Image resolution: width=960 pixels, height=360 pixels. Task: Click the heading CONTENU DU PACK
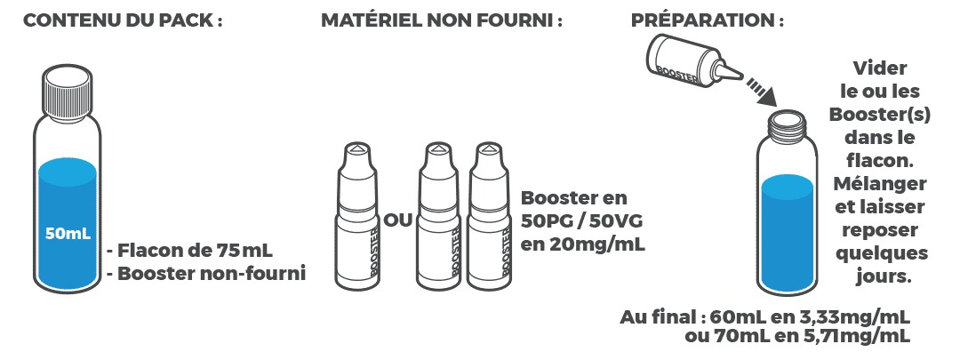[122, 21]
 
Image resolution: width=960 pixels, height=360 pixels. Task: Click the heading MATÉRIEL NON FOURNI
[442, 21]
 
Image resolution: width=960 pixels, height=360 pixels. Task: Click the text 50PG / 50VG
[580, 220]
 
